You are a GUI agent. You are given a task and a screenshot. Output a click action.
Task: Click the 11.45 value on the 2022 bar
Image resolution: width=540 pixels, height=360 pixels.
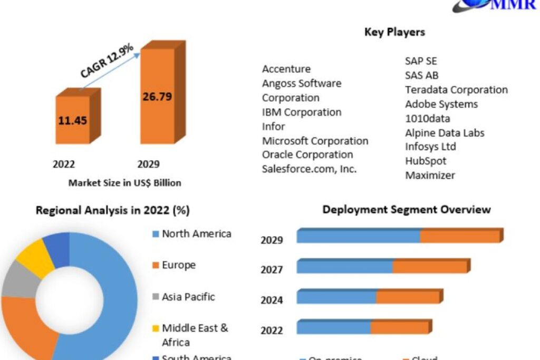(73, 120)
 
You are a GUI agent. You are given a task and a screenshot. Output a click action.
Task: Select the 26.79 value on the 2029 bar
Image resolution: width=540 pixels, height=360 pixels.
(157, 96)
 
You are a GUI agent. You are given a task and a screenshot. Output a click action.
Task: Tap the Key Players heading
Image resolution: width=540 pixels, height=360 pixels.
(394, 32)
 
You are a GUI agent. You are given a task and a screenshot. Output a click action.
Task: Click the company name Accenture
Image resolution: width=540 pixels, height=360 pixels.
(286, 69)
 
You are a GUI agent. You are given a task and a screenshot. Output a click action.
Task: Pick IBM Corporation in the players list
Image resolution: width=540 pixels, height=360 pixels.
(302, 112)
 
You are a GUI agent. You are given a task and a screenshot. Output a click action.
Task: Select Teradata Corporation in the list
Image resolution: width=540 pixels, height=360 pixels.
(456, 90)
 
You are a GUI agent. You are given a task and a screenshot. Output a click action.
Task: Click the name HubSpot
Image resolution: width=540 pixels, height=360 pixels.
(426, 161)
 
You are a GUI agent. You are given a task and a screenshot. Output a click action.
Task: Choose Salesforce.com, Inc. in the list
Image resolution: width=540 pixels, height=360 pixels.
(310, 169)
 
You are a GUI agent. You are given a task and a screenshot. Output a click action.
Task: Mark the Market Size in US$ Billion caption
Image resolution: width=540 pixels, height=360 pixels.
(124, 183)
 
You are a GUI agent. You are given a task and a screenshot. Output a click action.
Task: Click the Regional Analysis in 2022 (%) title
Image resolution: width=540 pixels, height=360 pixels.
(112, 210)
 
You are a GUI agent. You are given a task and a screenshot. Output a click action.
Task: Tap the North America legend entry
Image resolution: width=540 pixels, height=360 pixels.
(196, 233)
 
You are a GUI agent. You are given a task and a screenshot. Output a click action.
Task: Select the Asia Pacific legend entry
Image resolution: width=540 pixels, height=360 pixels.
(188, 297)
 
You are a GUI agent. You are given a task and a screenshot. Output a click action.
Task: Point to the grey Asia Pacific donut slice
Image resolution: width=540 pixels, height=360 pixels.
(20, 279)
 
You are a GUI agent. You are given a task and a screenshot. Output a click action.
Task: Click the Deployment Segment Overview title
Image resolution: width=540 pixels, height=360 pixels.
(407, 209)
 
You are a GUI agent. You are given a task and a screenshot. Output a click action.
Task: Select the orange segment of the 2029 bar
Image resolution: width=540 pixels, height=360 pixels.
(459, 236)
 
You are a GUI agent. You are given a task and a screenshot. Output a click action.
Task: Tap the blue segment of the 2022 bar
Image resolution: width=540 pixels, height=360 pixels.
(333, 327)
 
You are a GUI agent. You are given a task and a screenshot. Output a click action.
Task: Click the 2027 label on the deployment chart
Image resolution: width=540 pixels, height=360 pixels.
(272, 270)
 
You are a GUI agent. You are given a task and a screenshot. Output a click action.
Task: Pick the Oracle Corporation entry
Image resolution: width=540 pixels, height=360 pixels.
(307, 154)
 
